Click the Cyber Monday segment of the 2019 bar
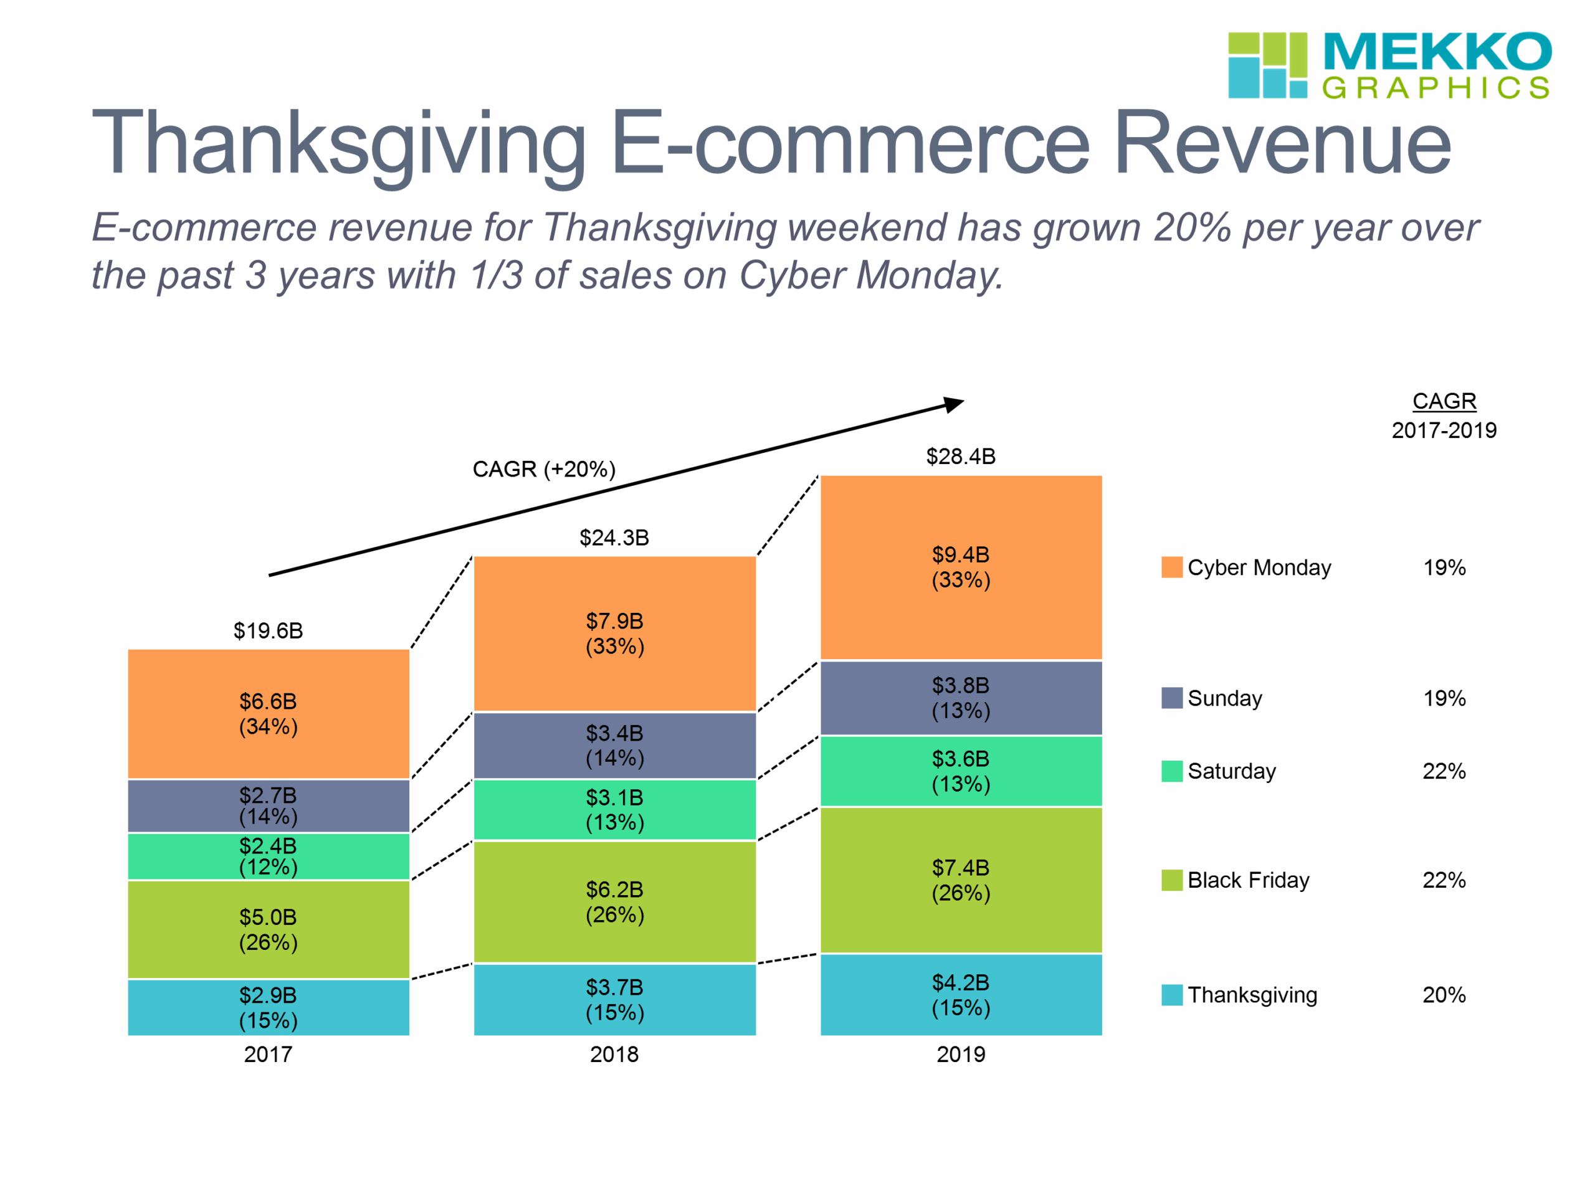tap(961, 567)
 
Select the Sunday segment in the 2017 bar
tap(269, 805)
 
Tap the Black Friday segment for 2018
tap(614, 901)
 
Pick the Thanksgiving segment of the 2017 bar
tap(269, 1007)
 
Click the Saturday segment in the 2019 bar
tap(961, 771)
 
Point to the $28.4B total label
tap(961, 457)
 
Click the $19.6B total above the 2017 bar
tap(269, 631)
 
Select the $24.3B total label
tap(614, 538)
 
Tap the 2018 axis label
tap(614, 1055)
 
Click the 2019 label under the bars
tap(961, 1055)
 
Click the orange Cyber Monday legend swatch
tap(1172, 567)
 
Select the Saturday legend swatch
tap(1172, 771)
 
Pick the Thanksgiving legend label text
tap(1252, 995)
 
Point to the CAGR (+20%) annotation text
tap(544, 469)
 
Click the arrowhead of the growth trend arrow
tap(955, 404)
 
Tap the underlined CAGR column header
tap(1444, 401)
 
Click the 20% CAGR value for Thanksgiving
tap(1444, 995)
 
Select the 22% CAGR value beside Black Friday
tap(1444, 880)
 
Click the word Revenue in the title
tap(1282, 143)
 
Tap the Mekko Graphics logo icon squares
tap(1267, 65)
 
